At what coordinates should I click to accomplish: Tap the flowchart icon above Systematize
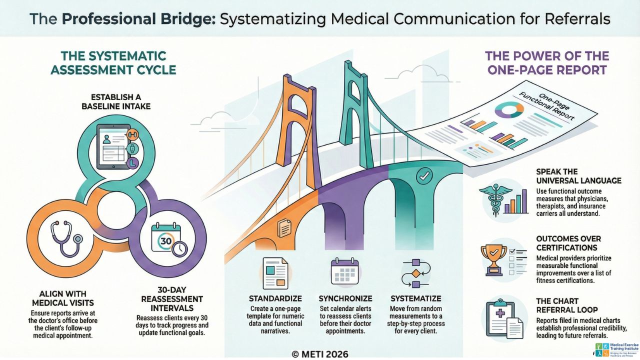coord(414,273)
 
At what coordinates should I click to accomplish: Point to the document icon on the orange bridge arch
coord(284,228)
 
